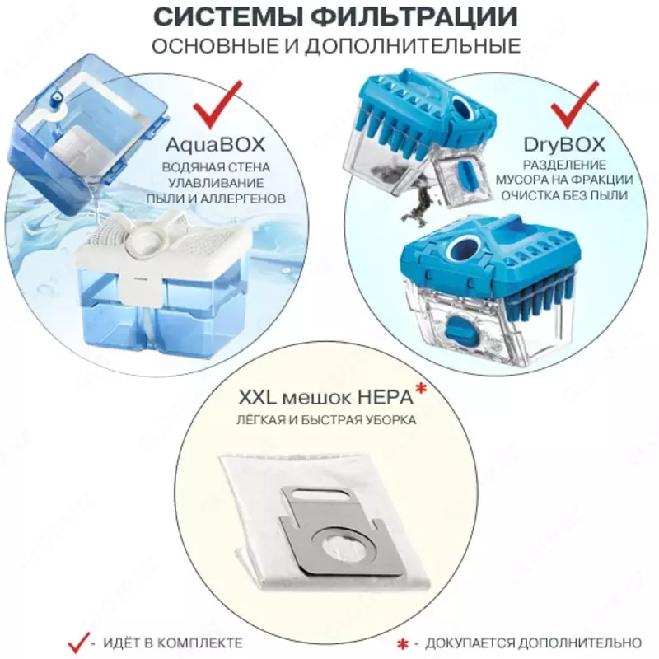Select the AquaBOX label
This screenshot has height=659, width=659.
click(216, 145)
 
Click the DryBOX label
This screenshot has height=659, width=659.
click(564, 145)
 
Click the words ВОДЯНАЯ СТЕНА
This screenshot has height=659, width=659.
click(216, 167)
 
